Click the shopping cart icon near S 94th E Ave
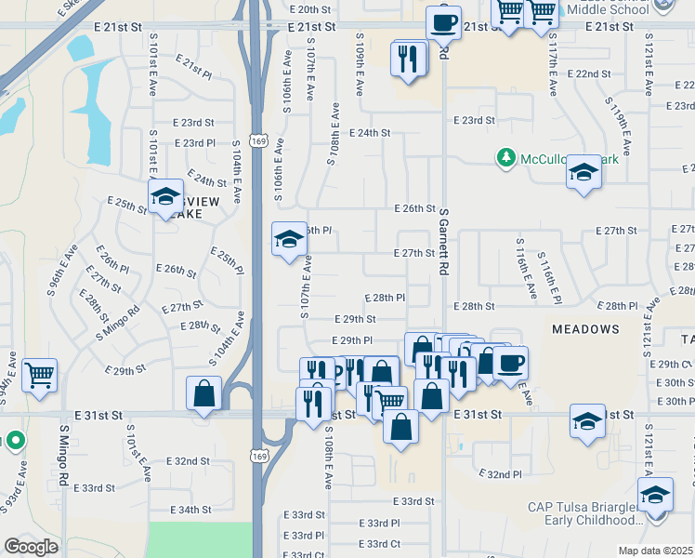(x=39, y=377)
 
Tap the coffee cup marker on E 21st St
(x=444, y=20)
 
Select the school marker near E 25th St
(x=165, y=196)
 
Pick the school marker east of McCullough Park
(x=584, y=172)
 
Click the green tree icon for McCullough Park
(x=506, y=158)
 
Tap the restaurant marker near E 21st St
(x=409, y=58)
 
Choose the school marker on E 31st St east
(x=587, y=420)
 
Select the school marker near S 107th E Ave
(x=288, y=240)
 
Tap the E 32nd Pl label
(x=504, y=474)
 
